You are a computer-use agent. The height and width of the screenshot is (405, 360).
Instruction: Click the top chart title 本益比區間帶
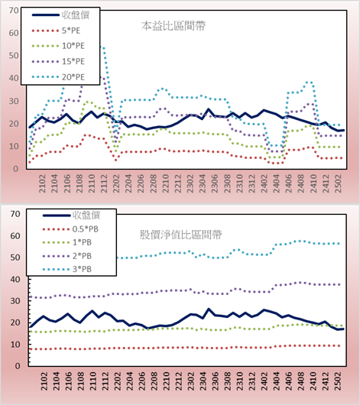click(x=174, y=26)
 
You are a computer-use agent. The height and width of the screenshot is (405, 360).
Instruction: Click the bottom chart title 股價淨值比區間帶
click(x=180, y=235)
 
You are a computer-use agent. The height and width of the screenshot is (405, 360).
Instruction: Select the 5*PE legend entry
click(x=56, y=31)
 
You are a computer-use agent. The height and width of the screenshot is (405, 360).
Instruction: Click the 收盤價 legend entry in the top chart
click(x=60, y=15)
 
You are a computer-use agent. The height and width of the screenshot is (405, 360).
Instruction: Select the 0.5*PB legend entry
click(x=70, y=229)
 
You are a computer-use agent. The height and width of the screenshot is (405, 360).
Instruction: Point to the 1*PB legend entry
click(x=67, y=242)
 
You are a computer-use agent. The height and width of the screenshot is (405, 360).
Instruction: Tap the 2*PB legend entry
click(x=67, y=256)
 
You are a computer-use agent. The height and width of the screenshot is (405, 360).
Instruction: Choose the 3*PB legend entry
click(x=67, y=269)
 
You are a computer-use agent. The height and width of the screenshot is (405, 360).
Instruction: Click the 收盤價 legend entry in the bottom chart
click(x=71, y=215)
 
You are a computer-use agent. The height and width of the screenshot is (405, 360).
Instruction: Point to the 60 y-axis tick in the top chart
click(x=14, y=33)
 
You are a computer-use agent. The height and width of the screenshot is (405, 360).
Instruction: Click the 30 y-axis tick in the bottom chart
click(x=15, y=301)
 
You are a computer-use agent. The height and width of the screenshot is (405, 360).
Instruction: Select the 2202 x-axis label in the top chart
click(x=116, y=183)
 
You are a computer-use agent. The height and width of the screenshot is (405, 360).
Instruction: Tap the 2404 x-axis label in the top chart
click(x=277, y=183)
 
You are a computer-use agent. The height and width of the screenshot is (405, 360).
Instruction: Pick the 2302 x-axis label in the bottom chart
click(x=190, y=381)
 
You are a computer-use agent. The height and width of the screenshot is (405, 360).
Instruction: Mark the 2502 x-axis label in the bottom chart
click(x=339, y=381)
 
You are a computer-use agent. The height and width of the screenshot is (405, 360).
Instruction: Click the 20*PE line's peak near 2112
click(x=103, y=48)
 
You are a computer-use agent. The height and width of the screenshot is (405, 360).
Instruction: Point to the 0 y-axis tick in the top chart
click(x=15, y=169)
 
